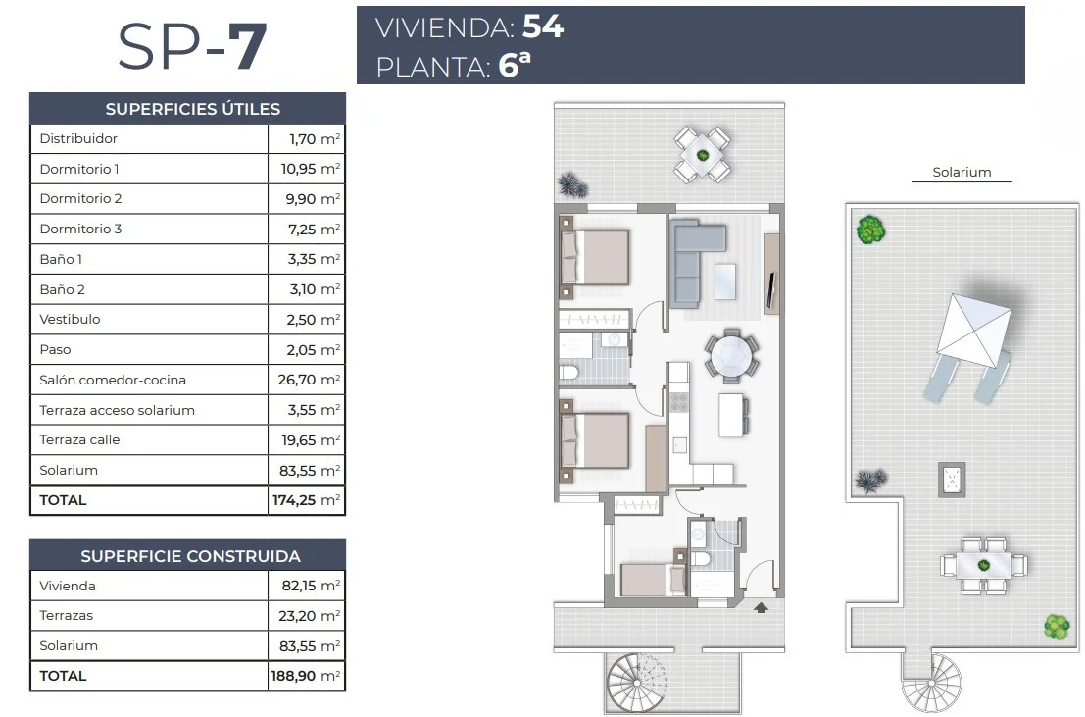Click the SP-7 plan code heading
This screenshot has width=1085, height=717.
pos(192,46)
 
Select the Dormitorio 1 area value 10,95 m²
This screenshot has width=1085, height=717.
pos(310,169)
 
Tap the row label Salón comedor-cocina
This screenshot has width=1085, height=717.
pos(113,380)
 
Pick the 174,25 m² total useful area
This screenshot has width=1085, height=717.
pos(306,500)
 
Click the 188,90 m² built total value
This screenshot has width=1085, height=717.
pos(305,676)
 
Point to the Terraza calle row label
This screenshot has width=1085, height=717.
pos(79,439)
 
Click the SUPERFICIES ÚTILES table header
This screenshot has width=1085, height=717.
pos(193,109)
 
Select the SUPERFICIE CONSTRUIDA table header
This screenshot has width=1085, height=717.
pos(190,556)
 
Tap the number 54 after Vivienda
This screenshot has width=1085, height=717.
pos(543,26)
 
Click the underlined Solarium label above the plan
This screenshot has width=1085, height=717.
pos(962,172)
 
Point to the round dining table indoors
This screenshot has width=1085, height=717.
pos(731,356)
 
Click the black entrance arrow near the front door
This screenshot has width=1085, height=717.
pos(762,607)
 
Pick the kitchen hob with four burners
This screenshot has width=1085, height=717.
pos(679,402)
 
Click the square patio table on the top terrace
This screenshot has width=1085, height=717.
pos(703,155)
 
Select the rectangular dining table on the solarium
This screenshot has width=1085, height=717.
pos(983,565)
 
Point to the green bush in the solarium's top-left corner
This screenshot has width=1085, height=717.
pos(871,230)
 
